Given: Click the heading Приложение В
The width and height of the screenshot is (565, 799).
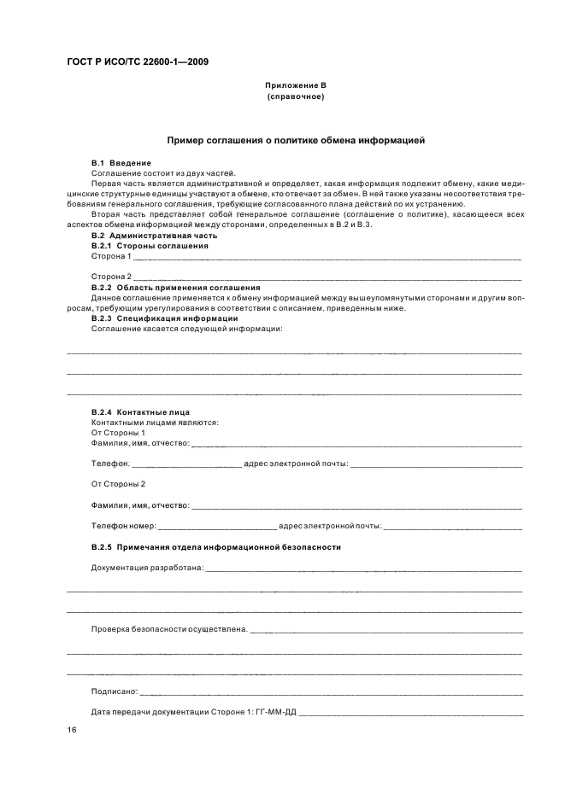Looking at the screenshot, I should tap(295, 86).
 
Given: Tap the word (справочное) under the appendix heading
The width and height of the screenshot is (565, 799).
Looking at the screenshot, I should tap(295, 96).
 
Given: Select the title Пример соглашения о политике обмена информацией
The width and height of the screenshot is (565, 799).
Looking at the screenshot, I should tap(295, 139).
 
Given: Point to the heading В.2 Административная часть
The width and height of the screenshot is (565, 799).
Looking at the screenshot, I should tap(154, 235).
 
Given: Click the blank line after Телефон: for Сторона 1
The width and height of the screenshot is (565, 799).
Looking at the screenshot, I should tap(187, 464).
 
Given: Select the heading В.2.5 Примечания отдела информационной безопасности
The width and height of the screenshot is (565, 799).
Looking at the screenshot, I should tap(215, 546).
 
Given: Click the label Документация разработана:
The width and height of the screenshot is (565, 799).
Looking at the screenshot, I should tap(146, 568).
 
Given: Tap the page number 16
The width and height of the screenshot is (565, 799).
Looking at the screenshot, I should tap(72, 731).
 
